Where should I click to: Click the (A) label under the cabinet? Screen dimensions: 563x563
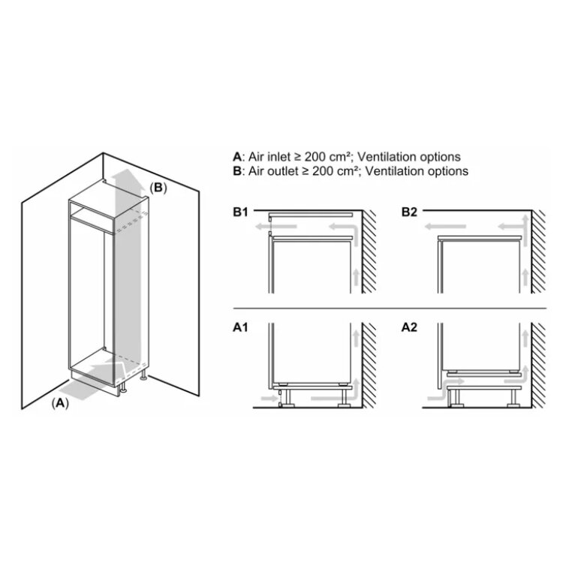pyautogui.click(x=60, y=403)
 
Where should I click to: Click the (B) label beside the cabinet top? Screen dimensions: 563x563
pyautogui.click(x=158, y=188)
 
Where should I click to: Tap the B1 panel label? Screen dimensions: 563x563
pyautogui.click(x=240, y=212)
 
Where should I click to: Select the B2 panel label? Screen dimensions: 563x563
pyautogui.click(x=409, y=212)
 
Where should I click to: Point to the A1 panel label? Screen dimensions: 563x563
pyautogui.click(x=240, y=327)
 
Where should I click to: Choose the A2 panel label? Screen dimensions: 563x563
pyautogui.click(x=409, y=327)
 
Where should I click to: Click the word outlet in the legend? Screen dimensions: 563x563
pyautogui.click(x=283, y=171)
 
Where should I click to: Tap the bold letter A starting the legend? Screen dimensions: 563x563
pyautogui.click(x=237, y=157)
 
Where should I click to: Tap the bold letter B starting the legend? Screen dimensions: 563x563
pyautogui.click(x=237, y=171)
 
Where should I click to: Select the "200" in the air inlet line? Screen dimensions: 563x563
pyautogui.click(x=315, y=157)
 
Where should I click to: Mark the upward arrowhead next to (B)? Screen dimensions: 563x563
pyautogui.click(x=125, y=178)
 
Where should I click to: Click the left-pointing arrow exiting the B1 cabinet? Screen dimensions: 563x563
pyautogui.click(x=275, y=227)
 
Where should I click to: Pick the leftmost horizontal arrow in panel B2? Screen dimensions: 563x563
pyautogui.click(x=445, y=227)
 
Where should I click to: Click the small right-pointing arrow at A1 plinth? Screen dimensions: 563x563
pyautogui.click(x=269, y=398)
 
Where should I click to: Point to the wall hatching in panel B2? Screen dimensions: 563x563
pyautogui.click(x=538, y=251)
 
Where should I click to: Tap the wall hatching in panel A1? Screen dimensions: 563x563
pyautogui.click(x=369, y=365)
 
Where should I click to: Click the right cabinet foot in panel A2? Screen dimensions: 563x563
pyautogui.click(x=513, y=398)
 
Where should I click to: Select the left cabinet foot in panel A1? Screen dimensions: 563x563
pyautogui.click(x=288, y=398)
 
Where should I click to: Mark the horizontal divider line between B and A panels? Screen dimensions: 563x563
pyautogui.click(x=390, y=308)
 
